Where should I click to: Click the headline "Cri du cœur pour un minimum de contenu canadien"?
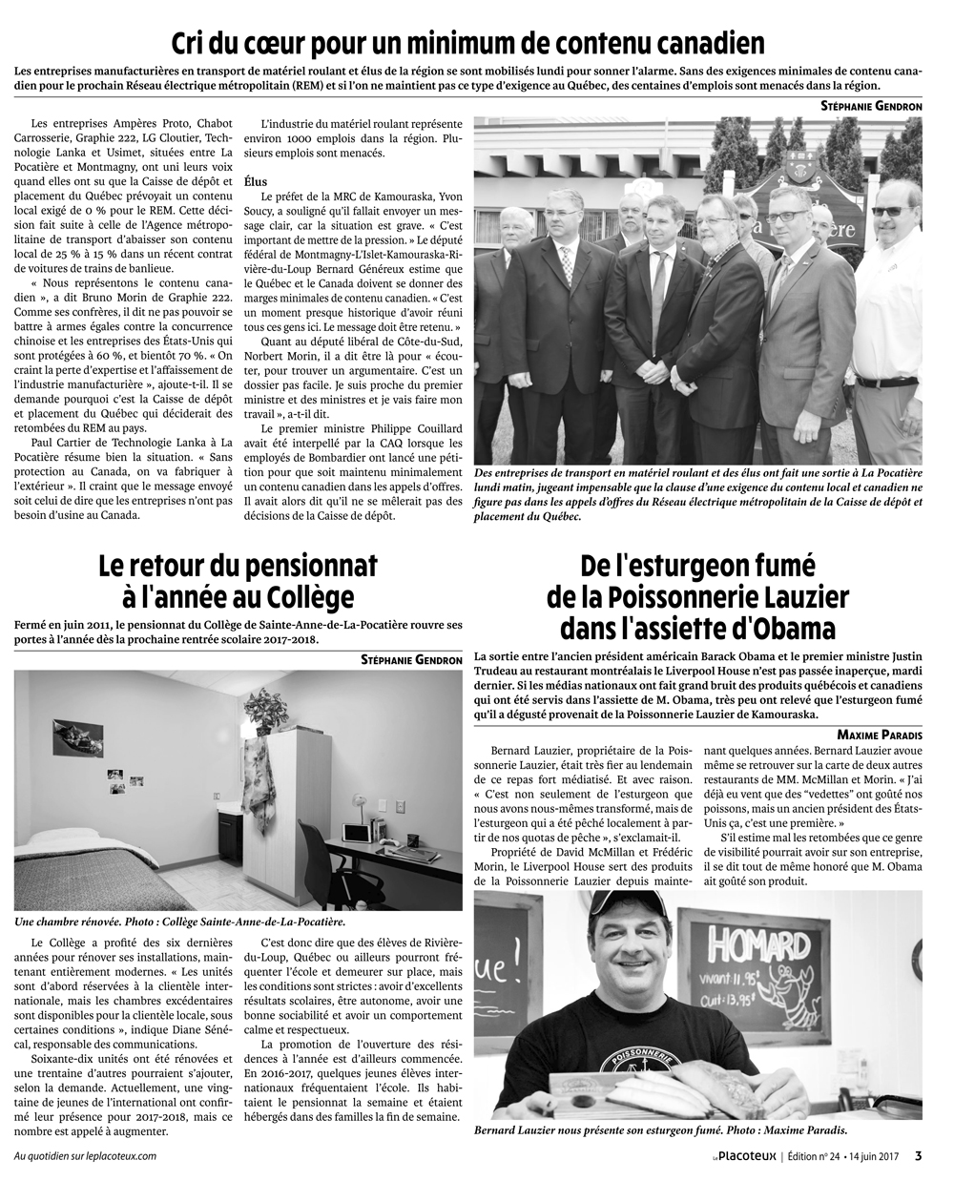[467, 44]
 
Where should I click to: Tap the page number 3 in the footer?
[918, 1156]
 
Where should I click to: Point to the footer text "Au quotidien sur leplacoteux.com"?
[85, 1156]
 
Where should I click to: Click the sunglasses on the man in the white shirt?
[893, 211]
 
